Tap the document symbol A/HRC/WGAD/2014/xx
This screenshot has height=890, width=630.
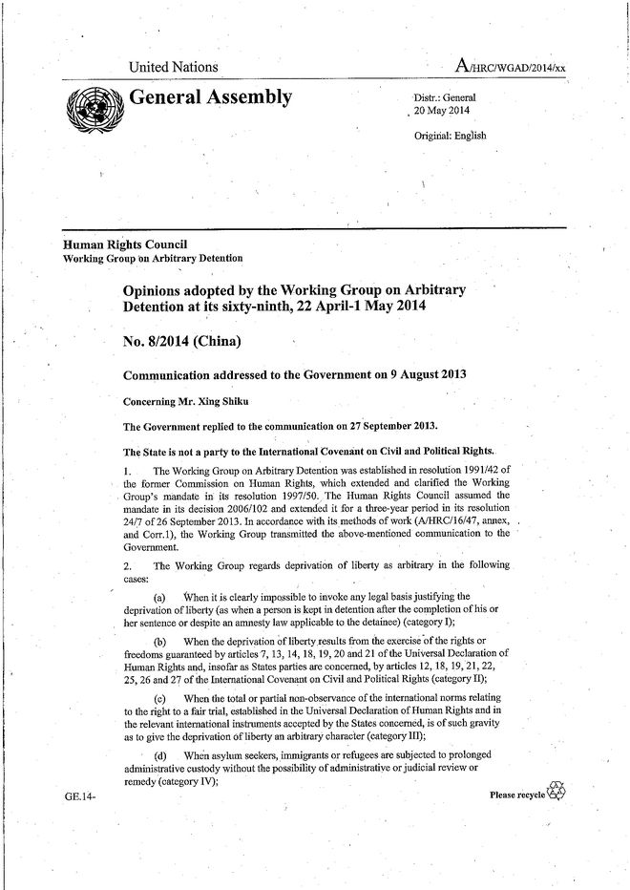pos(512,66)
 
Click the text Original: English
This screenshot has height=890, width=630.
pos(450,135)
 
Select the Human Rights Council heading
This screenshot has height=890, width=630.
pos(124,244)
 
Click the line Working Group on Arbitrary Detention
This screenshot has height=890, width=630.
pos(152,258)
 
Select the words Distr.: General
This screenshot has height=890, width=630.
pos(445,98)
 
